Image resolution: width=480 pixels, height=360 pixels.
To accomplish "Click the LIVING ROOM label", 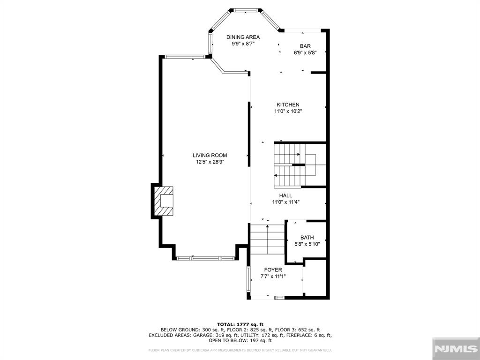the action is [x=210, y=155].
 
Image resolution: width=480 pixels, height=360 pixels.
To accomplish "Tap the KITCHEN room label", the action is [x=288, y=105].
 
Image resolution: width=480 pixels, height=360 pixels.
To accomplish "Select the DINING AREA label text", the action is [x=243, y=37].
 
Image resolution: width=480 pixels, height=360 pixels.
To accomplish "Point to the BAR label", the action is [x=305, y=46].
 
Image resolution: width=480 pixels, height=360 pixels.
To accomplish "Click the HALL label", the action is [x=285, y=195].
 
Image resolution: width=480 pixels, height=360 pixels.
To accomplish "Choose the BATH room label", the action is [x=307, y=238].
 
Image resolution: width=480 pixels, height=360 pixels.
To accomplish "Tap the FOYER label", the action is [x=273, y=270].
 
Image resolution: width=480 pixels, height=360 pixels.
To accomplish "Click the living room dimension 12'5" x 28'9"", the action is [x=210, y=162].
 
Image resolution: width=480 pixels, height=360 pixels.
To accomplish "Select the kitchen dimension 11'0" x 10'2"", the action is [x=288, y=112].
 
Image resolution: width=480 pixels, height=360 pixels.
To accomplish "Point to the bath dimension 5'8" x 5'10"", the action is [x=307, y=244].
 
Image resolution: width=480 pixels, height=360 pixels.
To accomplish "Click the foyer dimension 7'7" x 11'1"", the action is [x=273, y=277].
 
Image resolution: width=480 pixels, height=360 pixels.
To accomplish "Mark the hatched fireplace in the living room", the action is [x=164, y=201].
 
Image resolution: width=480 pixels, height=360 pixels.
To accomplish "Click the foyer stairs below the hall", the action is [x=268, y=239].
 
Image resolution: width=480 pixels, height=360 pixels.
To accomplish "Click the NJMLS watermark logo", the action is [x=456, y=349].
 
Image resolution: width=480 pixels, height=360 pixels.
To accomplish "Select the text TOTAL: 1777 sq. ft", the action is [x=240, y=324].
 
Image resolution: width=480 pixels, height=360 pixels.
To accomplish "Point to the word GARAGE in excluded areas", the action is [x=204, y=335].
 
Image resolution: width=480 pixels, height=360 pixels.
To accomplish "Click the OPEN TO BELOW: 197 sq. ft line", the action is [x=240, y=340].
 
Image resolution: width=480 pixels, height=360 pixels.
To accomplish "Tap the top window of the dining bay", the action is [x=246, y=10].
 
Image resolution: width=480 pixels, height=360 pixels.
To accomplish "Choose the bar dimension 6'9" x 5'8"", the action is [x=305, y=52].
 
